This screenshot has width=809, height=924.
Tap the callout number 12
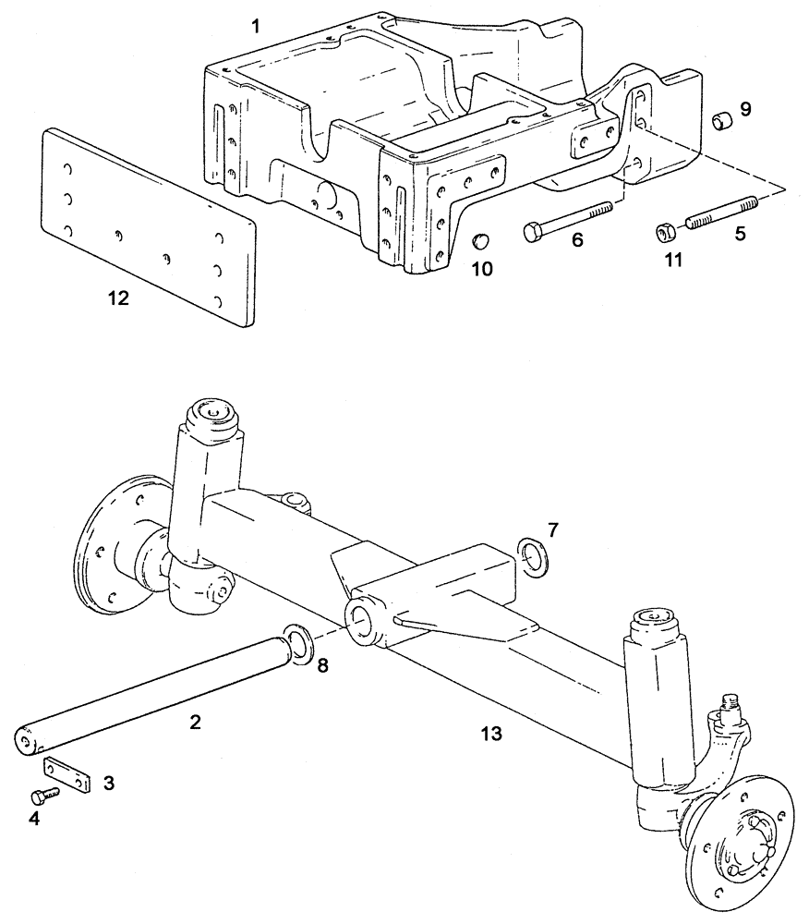117,298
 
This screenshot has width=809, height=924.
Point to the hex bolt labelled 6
568,220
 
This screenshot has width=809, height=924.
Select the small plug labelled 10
479,242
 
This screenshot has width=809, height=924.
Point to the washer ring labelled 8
298,645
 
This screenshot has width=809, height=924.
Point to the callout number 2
195,723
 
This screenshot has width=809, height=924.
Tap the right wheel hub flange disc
739,836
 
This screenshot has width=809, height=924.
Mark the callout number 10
482,269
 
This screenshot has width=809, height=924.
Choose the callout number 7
552,529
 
